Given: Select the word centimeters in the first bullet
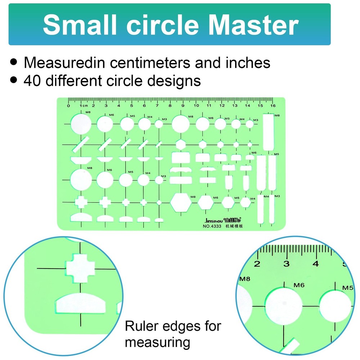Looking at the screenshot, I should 152,63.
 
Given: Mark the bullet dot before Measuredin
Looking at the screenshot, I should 14,62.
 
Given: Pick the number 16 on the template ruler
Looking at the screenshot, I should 273,106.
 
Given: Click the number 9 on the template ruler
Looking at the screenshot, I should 183,106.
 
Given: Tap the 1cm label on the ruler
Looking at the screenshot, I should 84,106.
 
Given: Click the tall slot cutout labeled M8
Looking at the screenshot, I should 269,132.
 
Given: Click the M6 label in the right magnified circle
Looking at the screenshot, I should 299,285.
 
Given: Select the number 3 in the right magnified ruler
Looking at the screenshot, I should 287,264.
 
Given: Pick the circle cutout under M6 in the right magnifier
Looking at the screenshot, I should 284,306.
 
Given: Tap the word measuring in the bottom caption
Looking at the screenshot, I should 157,342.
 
